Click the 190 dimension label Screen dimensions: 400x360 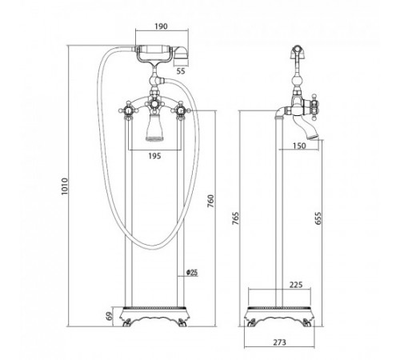coord(161,26)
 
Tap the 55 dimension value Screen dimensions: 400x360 coord(181,71)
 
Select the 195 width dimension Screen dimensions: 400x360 coord(154,156)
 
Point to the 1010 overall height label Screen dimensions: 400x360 coord(65,186)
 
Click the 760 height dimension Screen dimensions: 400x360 coord(210,202)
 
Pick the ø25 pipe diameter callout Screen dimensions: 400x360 coord(192,272)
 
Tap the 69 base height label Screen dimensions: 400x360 coord(110,317)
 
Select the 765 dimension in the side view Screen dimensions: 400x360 coord(235,218)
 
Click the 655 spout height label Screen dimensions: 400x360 coord(318,218)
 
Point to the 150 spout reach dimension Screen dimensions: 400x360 coord(299,146)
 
